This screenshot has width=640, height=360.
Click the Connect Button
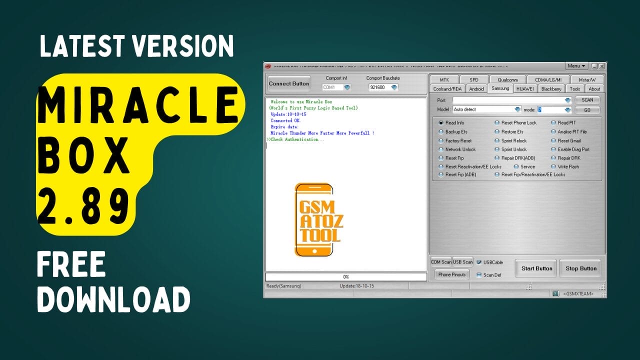click(289, 83)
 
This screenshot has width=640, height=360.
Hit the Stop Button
click(580, 268)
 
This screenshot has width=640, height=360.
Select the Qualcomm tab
click(507, 80)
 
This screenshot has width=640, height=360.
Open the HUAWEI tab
click(524, 89)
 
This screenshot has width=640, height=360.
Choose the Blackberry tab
click(551, 89)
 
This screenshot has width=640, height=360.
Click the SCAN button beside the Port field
click(587, 100)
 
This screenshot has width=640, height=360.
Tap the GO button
click(587, 110)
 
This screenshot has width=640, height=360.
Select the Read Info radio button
click(441, 123)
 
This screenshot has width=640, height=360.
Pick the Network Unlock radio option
click(441, 149)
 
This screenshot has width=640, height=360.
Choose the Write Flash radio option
click(553, 167)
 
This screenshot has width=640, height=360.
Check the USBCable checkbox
click(479, 262)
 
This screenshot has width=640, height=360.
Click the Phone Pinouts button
click(451, 274)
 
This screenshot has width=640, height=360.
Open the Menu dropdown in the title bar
click(576, 66)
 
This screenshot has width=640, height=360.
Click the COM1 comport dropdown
click(336, 87)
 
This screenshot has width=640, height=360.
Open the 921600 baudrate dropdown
click(383, 87)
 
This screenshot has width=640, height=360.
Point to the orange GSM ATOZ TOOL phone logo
click(314, 220)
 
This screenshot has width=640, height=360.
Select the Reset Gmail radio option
click(553, 141)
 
